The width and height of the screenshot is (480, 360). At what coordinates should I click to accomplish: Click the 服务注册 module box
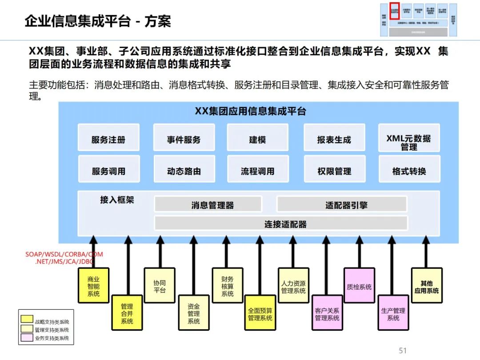pos(108,140)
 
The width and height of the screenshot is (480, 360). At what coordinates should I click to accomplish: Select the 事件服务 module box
pos(184,140)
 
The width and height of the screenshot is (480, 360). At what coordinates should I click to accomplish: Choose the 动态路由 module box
pos(184,171)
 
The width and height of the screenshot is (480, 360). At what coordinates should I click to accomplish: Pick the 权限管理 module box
pos(334,171)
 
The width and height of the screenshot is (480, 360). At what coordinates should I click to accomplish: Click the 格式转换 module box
pos(408,171)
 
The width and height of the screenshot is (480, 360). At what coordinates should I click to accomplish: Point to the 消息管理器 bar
pos(208,205)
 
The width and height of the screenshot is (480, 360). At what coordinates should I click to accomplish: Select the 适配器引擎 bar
pos(341,205)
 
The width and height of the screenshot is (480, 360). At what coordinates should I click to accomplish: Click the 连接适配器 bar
pos(281,224)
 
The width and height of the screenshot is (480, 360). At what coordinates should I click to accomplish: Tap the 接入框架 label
pos(117,200)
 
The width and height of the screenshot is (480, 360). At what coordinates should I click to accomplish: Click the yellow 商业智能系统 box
pos(93,285)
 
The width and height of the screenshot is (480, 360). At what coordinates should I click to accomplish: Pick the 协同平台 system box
pos(160,285)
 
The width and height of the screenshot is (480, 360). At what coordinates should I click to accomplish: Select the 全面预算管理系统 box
pos(260,313)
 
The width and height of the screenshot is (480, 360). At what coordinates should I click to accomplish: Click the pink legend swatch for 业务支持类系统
pos(27,338)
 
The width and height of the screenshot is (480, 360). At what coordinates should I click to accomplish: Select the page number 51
pos(403,351)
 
